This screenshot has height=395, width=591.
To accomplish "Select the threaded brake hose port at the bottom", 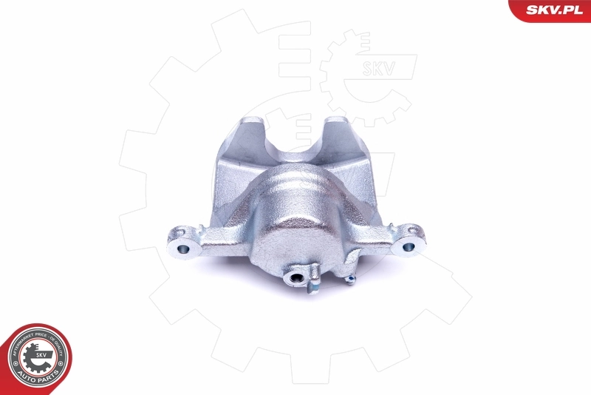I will [296, 278].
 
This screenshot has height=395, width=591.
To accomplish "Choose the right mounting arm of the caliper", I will [384, 237].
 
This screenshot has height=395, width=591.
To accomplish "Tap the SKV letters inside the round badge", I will [42, 354].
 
